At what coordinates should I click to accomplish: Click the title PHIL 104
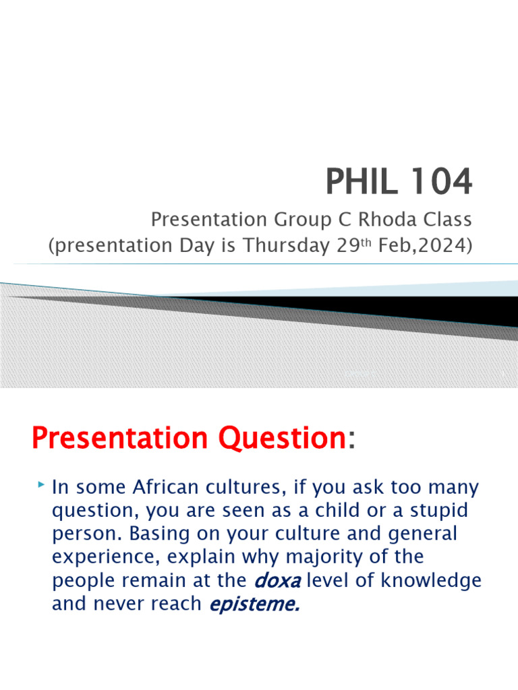(399, 183)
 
